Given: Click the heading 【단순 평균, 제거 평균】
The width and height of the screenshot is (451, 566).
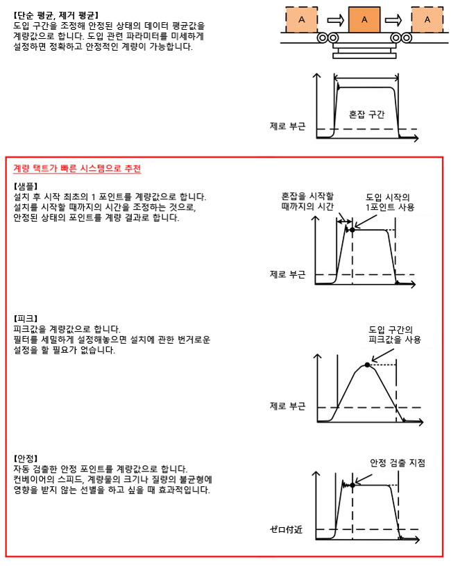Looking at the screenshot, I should click(56, 14).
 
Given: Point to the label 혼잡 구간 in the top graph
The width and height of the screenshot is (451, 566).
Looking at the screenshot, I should click(366, 113).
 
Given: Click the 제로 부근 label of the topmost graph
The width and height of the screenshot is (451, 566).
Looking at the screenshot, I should click(287, 126).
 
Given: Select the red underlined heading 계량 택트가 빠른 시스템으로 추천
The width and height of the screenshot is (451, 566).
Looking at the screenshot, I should click(78, 169).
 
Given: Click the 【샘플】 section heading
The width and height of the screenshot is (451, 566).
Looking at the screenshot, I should click(28, 186).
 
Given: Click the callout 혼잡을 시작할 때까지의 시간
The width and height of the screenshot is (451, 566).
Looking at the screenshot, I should click(307, 201).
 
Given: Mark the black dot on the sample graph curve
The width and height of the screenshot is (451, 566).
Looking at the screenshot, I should click(352, 229).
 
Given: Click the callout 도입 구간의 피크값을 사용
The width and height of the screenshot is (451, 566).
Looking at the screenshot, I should click(394, 335).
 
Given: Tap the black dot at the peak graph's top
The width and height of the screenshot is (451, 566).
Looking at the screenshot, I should click(367, 363).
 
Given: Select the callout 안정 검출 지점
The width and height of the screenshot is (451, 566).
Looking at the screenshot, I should click(397, 463).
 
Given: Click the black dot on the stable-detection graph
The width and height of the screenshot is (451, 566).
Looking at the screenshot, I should click(353, 485).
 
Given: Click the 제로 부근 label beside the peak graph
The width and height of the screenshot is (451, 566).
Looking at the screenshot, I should click(287, 406).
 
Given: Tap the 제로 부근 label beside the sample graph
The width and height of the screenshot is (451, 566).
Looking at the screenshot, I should click(287, 274).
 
